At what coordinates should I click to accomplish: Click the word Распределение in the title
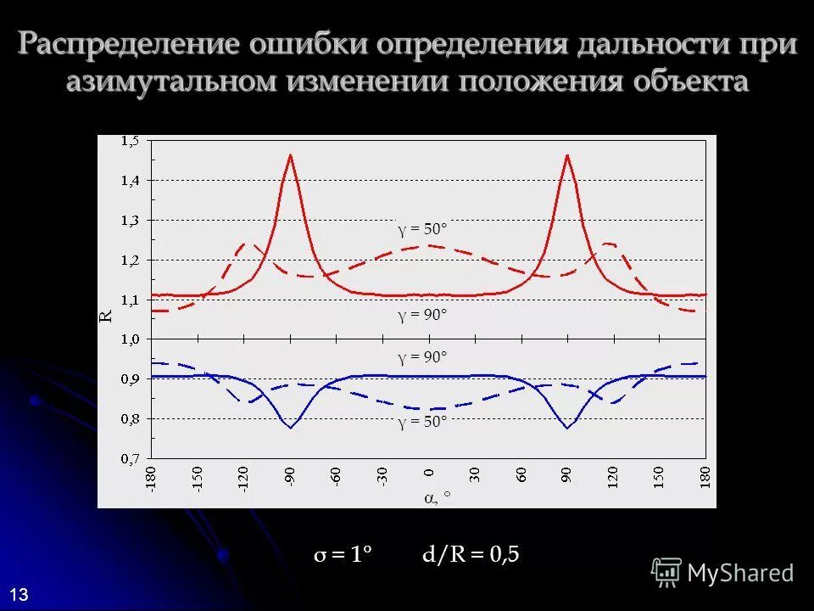127,45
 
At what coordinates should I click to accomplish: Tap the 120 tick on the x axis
612,480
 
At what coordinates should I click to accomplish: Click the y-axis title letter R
107,316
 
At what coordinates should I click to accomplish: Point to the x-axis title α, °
436,499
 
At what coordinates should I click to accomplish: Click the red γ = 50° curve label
422,229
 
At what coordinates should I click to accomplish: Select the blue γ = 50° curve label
422,423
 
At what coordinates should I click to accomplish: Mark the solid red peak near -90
290,155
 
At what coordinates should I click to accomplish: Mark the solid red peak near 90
566,155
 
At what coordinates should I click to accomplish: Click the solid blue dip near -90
290,428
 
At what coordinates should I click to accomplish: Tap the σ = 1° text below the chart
343,556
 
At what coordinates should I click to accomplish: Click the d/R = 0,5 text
471,556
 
